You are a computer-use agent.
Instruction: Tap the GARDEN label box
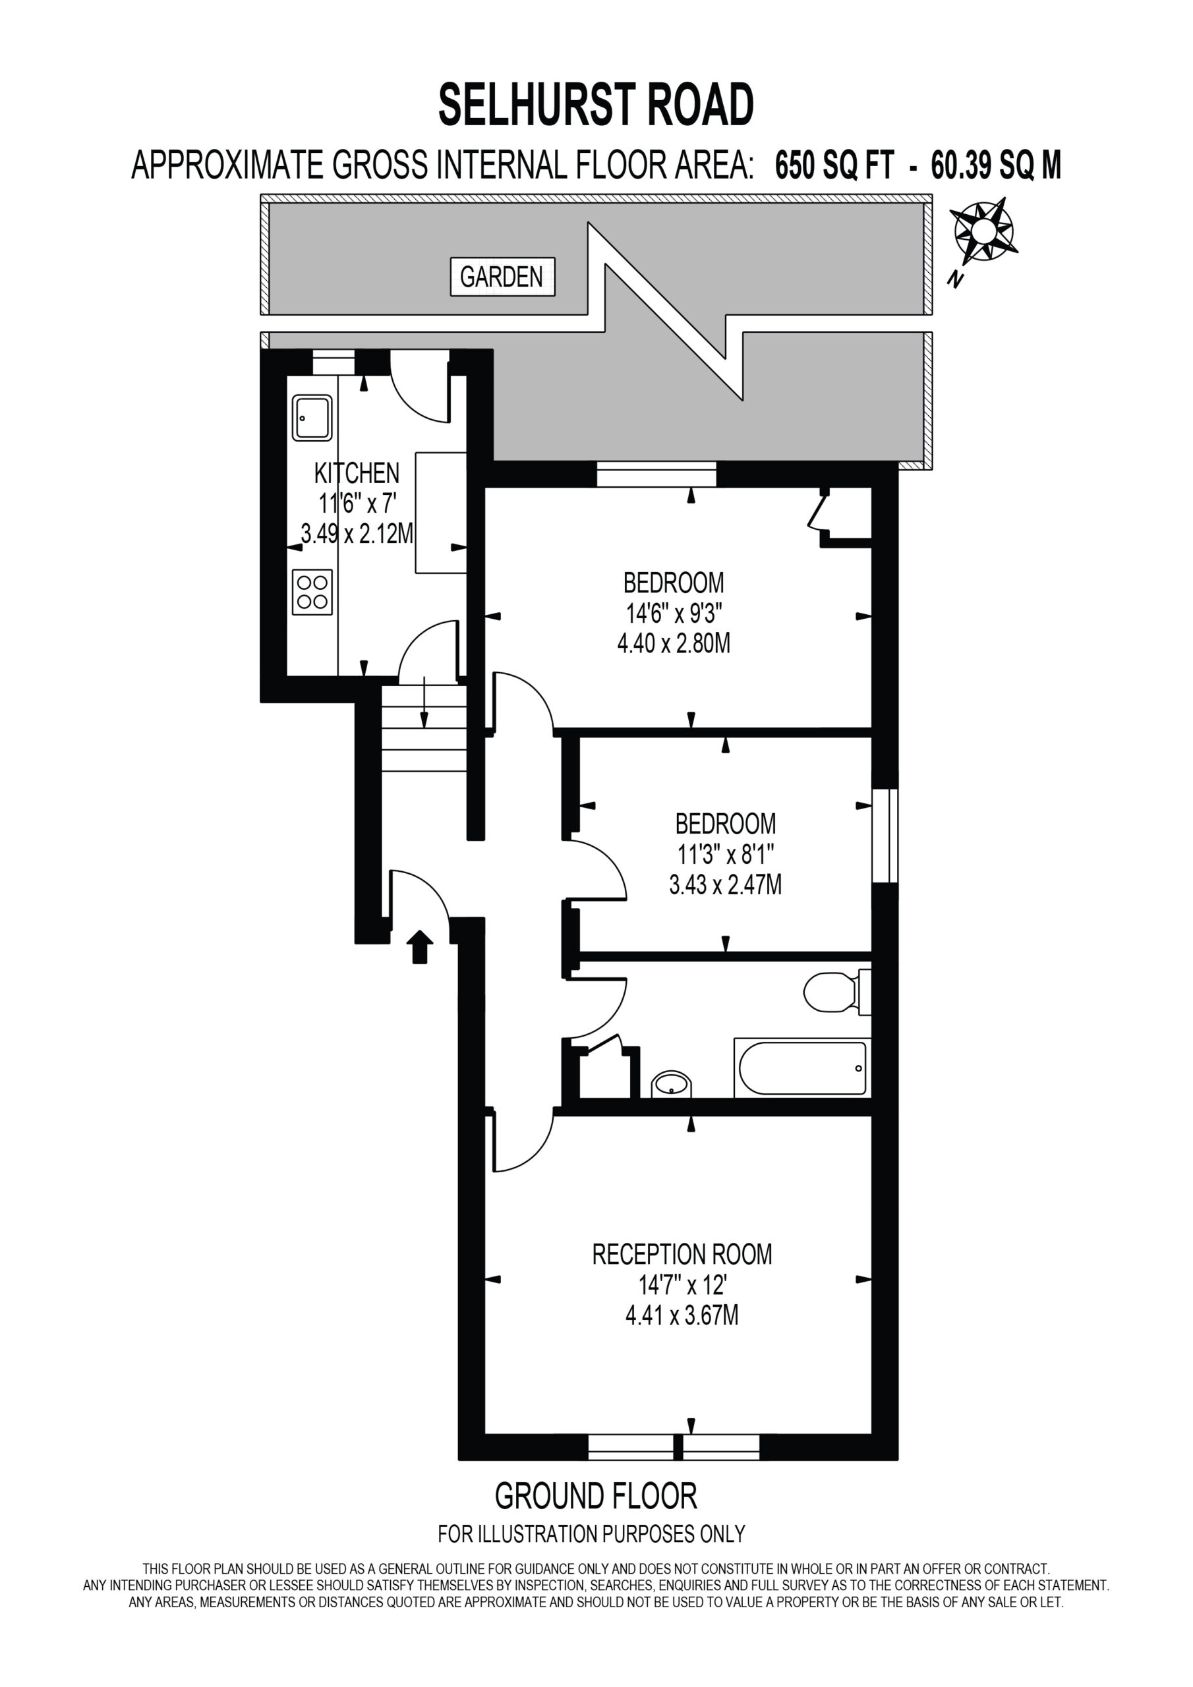[502, 277]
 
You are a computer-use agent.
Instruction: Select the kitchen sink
[312, 417]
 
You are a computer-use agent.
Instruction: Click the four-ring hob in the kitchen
[312, 592]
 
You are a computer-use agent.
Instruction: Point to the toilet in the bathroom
[837, 992]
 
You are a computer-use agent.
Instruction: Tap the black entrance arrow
[419, 946]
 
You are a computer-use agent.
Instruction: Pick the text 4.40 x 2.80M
[674, 644]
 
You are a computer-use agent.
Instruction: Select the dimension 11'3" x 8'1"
[726, 855]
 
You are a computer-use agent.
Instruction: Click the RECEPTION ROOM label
[682, 1254]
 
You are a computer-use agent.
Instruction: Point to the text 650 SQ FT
[834, 165]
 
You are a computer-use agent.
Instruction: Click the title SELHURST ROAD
[596, 104]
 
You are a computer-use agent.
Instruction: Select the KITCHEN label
[357, 473]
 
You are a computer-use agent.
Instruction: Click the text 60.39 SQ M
[996, 165]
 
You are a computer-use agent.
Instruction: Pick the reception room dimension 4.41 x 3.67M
[682, 1315]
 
